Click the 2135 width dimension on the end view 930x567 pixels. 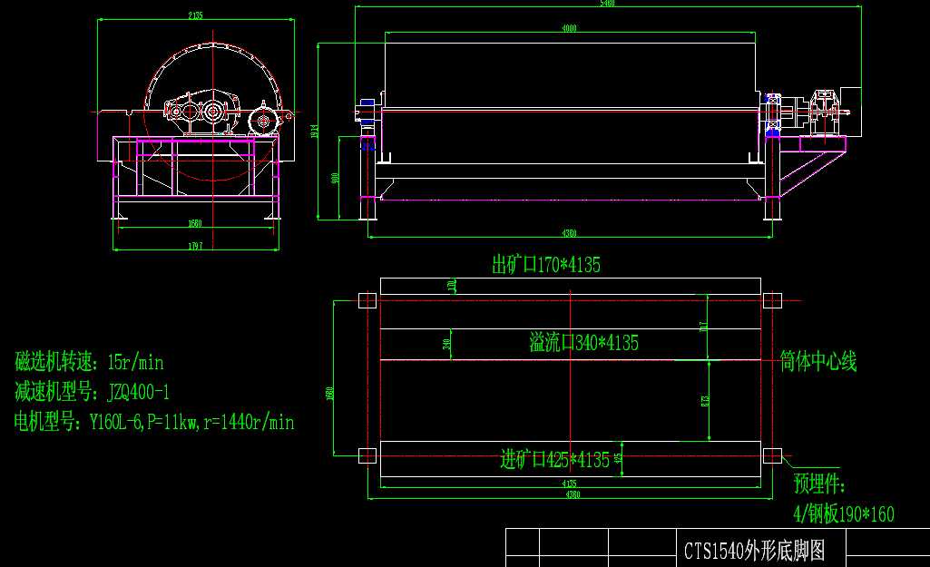pyautogui.click(x=195, y=15)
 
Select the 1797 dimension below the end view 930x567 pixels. pyautogui.click(x=196, y=246)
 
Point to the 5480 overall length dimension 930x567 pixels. pyautogui.click(x=608, y=4)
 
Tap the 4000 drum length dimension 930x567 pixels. pyautogui.click(x=569, y=29)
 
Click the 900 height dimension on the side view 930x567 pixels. pyautogui.click(x=336, y=178)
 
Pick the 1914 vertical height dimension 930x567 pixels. pyautogui.click(x=315, y=131)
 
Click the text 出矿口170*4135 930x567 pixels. pyautogui.click(x=546, y=265)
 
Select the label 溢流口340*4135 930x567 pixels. pyautogui.click(x=584, y=343)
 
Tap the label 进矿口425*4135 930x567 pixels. pyautogui.click(x=555, y=460)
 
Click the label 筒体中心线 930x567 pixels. pyautogui.click(x=818, y=362)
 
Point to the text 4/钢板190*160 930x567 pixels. pyautogui.click(x=844, y=514)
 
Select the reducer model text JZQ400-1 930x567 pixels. pyautogui.click(x=138, y=393)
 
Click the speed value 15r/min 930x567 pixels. pyautogui.click(x=135, y=363)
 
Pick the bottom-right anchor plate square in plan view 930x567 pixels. pyautogui.click(x=771, y=455)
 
